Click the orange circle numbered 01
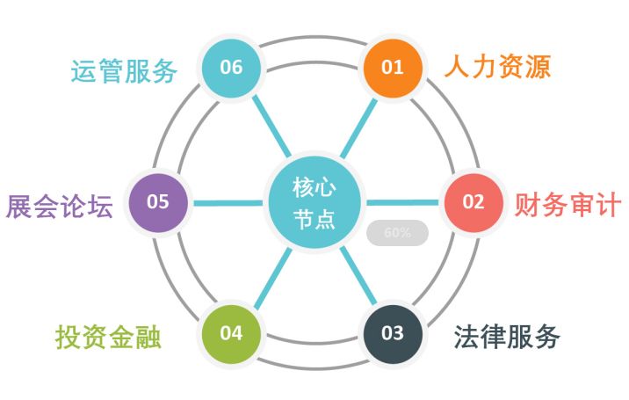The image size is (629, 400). [392, 68]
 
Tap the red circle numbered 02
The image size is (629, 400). [473, 202]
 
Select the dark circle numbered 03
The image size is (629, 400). [393, 333]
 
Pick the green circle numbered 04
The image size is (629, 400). [231, 333]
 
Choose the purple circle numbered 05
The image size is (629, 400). [158, 202]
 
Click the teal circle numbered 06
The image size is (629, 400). [232, 68]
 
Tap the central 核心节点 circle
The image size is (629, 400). [314, 202]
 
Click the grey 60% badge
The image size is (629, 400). [397, 233]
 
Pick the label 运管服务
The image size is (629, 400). [124, 69]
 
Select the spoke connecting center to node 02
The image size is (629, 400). [400, 202]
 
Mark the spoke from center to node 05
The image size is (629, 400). [228, 202]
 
